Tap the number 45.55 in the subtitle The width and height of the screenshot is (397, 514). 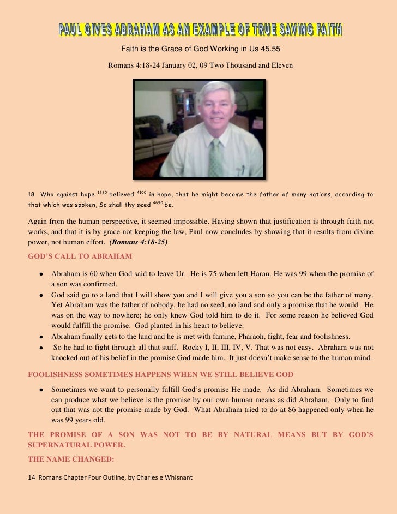[x=270, y=49]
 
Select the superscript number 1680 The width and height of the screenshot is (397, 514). [x=102, y=192]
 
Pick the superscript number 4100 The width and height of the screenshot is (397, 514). [x=141, y=192]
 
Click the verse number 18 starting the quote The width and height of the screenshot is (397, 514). [x=31, y=194]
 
